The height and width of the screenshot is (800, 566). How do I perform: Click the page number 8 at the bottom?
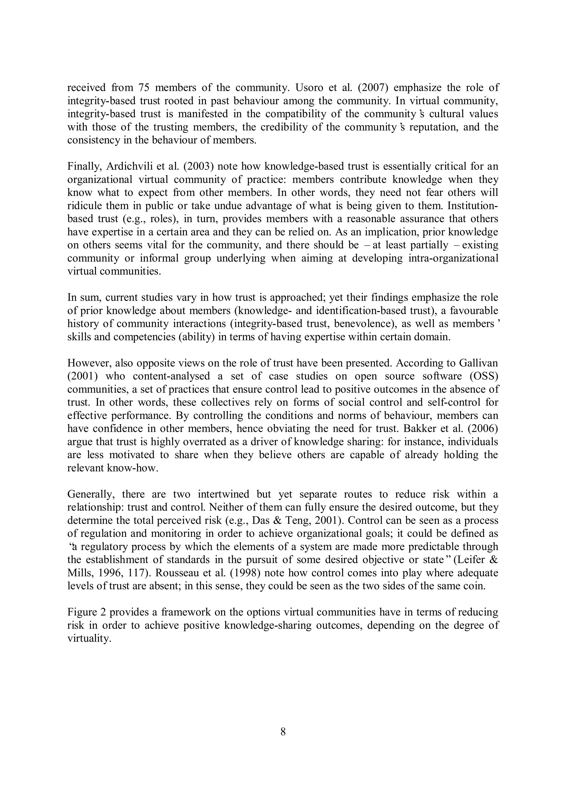[283, 732]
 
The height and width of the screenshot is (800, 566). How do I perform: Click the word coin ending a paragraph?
[476, 586]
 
